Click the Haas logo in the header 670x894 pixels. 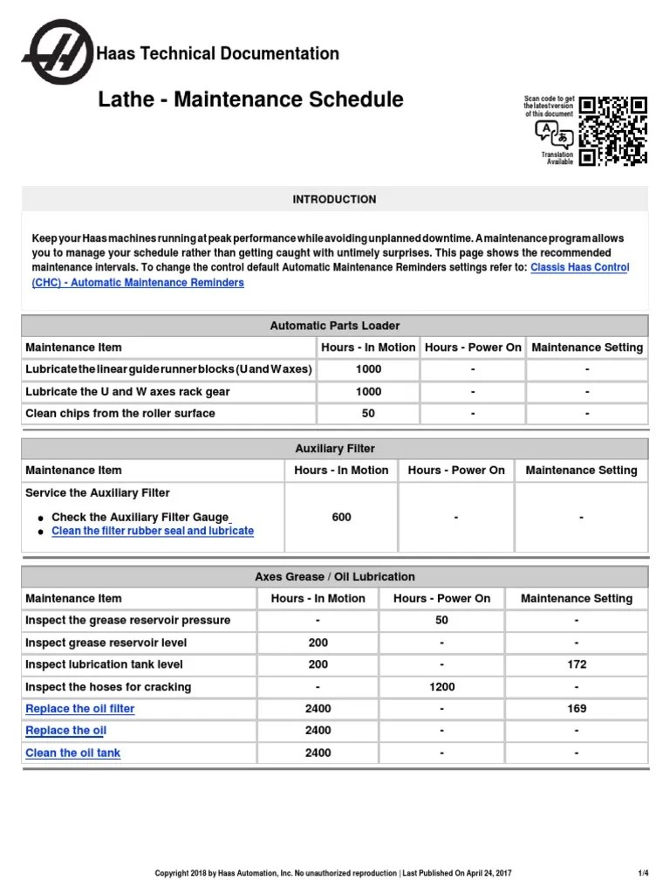click(x=58, y=54)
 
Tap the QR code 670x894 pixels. click(x=613, y=131)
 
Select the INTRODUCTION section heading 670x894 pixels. click(x=334, y=199)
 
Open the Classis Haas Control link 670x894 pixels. click(x=579, y=267)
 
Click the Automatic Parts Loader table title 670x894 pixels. click(x=334, y=326)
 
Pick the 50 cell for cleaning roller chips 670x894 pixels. click(x=368, y=413)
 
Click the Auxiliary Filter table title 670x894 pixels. click(x=334, y=449)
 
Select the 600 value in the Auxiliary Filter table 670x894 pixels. click(x=341, y=517)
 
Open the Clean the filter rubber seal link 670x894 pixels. click(x=153, y=531)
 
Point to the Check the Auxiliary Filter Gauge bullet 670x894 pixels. click(x=140, y=517)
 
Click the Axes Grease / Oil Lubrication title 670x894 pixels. click(x=334, y=577)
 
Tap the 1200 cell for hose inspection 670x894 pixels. click(x=441, y=687)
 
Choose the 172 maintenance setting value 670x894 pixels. click(x=576, y=664)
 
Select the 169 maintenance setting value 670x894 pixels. click(x=576, y=709)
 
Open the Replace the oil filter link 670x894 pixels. click(x=80, y=709)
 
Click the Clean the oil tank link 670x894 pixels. click(x=73, y=753)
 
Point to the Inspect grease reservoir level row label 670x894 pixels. click(x=106, y=643)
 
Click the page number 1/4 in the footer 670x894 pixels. click(x=643, y=873)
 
